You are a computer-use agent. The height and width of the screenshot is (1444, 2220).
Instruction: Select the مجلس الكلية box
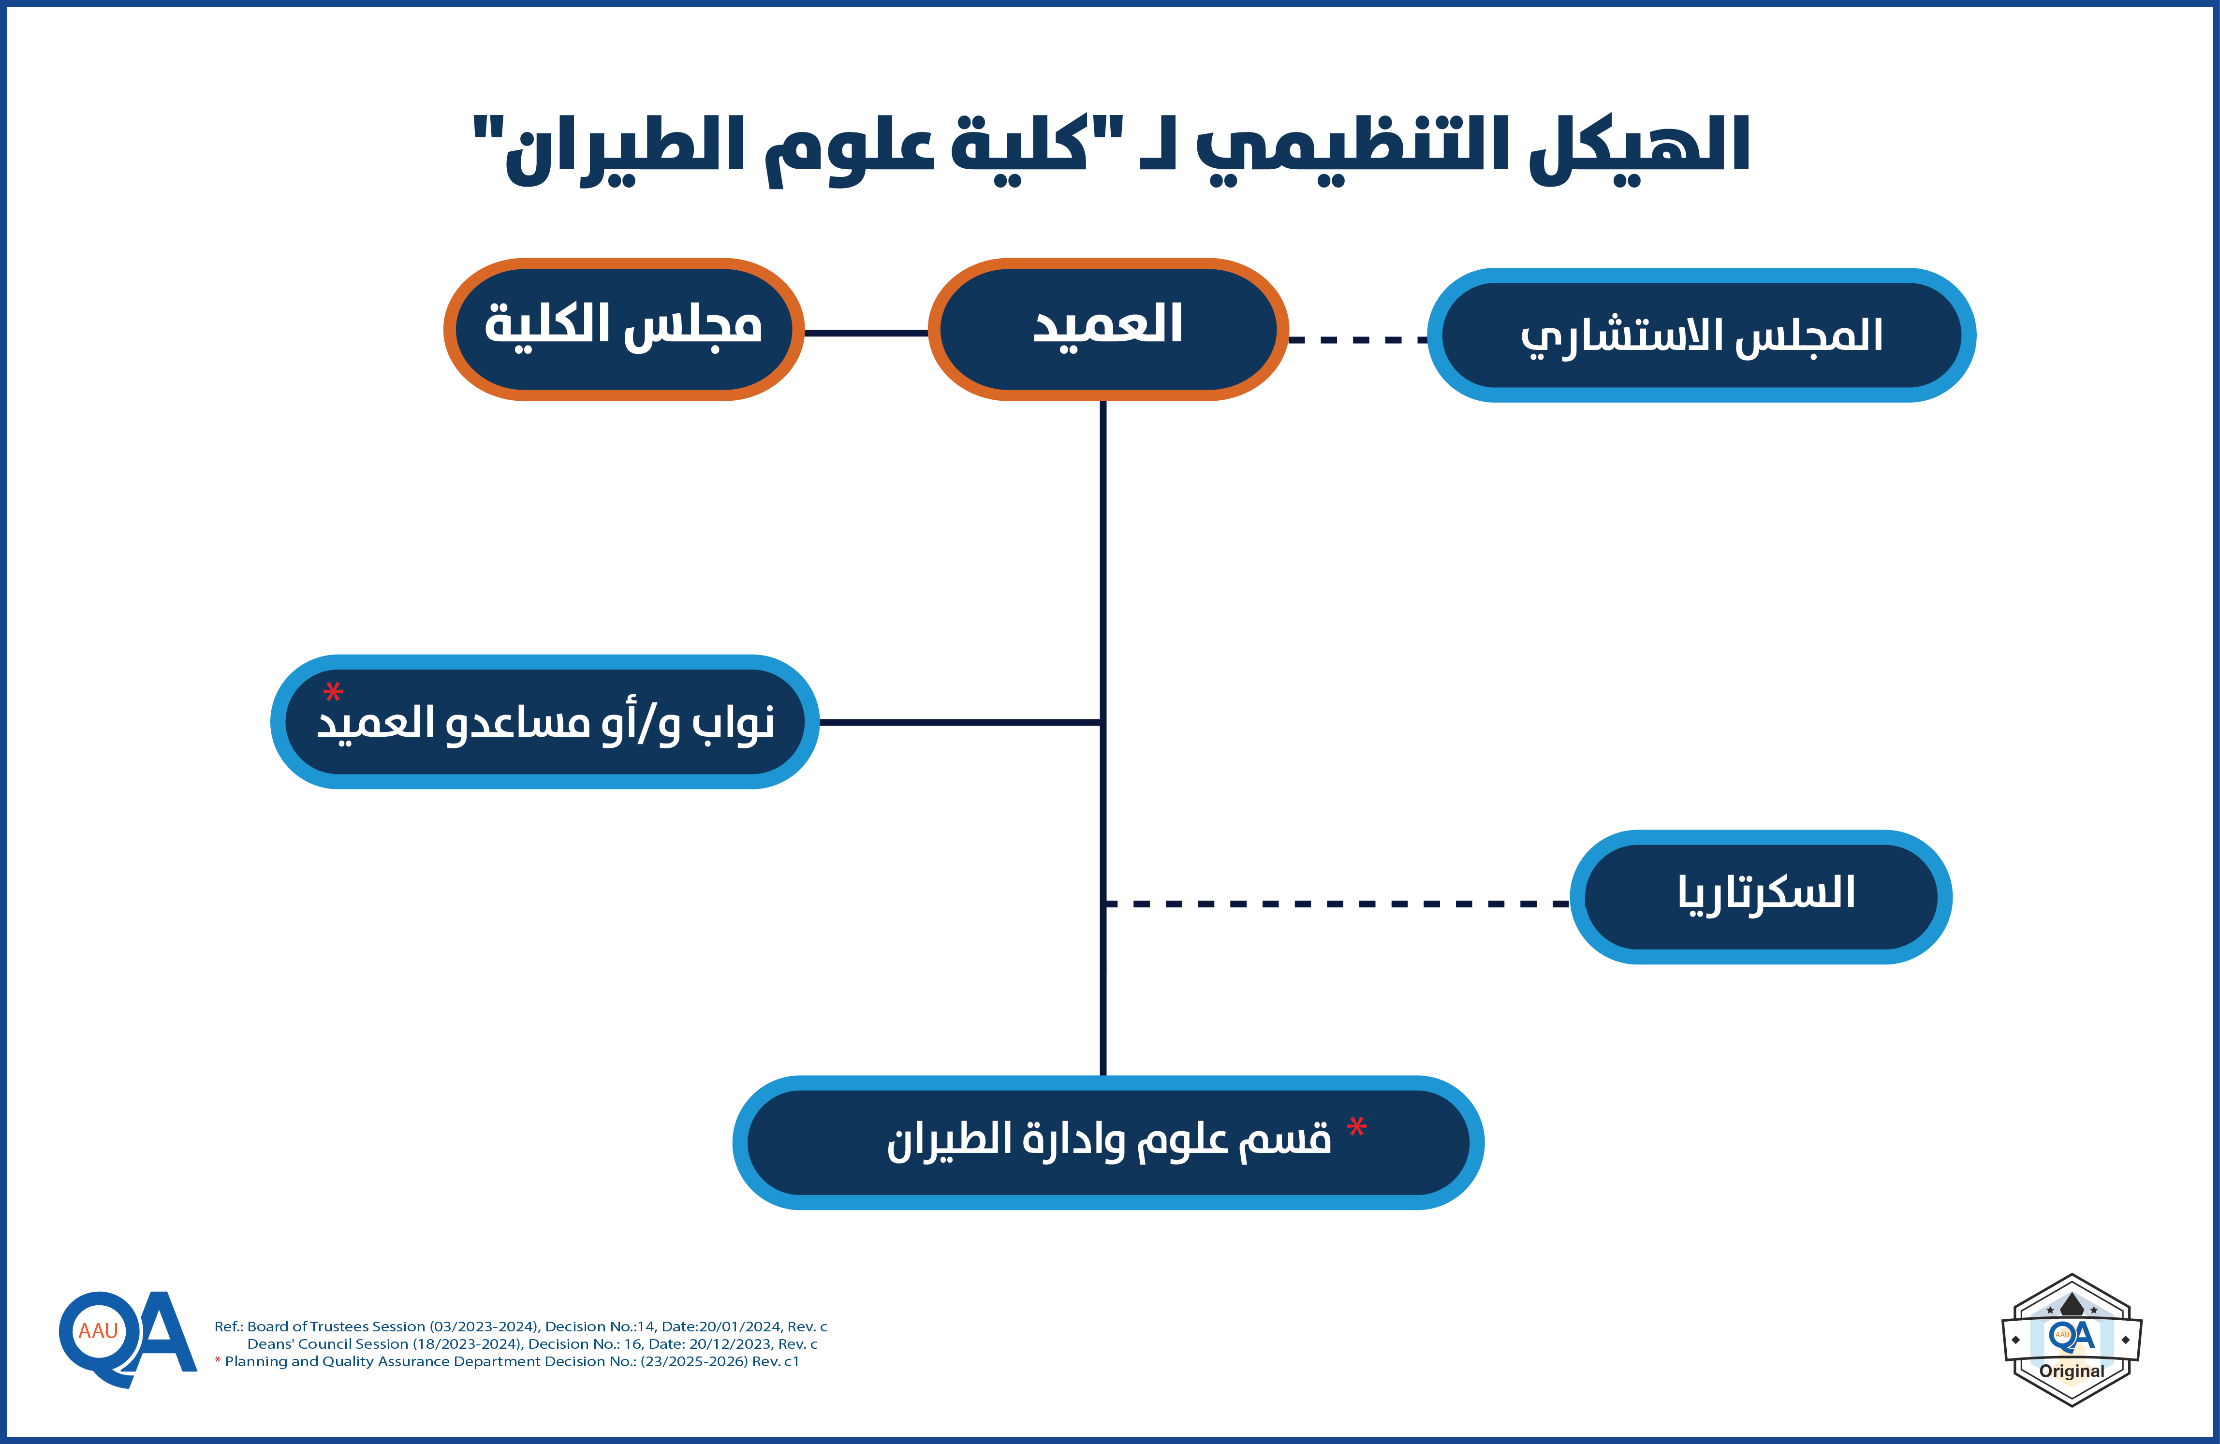pos(623,329)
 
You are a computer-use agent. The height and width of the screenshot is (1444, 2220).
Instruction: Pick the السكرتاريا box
pos(1761,896)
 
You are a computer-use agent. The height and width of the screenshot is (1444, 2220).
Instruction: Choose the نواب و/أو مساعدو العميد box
pos(545,722)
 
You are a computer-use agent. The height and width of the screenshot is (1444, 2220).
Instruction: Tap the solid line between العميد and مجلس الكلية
pos(866,332)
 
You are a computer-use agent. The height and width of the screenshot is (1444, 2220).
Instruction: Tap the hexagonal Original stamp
pos(2072,1340)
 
